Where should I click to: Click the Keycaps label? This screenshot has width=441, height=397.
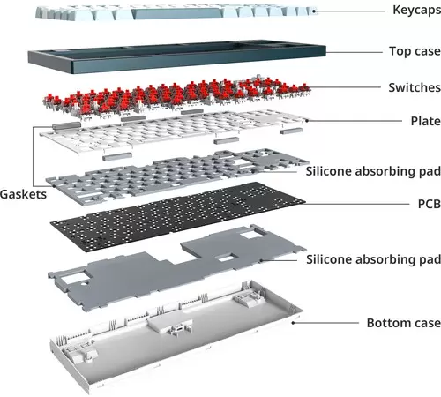coord(416,10)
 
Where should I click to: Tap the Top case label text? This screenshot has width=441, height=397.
coord(415,51)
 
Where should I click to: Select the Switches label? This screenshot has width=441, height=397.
coord(415,87)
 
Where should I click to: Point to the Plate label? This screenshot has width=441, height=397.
coord(425,121)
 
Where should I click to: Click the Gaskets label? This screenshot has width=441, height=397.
coord(23,194)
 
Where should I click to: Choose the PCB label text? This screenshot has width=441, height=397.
coord(429,204)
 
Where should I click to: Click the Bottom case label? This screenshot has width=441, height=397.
coord(404,323)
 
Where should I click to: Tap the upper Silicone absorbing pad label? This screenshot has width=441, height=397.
coord(373,171)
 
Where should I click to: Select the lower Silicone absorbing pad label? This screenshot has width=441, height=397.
coord(373,259)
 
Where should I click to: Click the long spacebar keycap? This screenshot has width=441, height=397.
coord(177,14)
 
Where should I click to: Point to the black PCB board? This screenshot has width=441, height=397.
coord(178,216)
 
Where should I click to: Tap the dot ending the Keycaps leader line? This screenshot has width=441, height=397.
coord(314,11)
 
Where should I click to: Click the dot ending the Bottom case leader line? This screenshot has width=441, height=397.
coord(293,323)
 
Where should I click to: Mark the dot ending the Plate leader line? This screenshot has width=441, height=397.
coord(307,120)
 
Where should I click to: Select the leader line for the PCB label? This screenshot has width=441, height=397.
coord(357,203)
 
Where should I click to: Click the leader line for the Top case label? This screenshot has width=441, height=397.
coord(354,53)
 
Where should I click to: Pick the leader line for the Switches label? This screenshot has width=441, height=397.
coord(346,87)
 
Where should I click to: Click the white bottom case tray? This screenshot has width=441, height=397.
coord(176,338)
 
